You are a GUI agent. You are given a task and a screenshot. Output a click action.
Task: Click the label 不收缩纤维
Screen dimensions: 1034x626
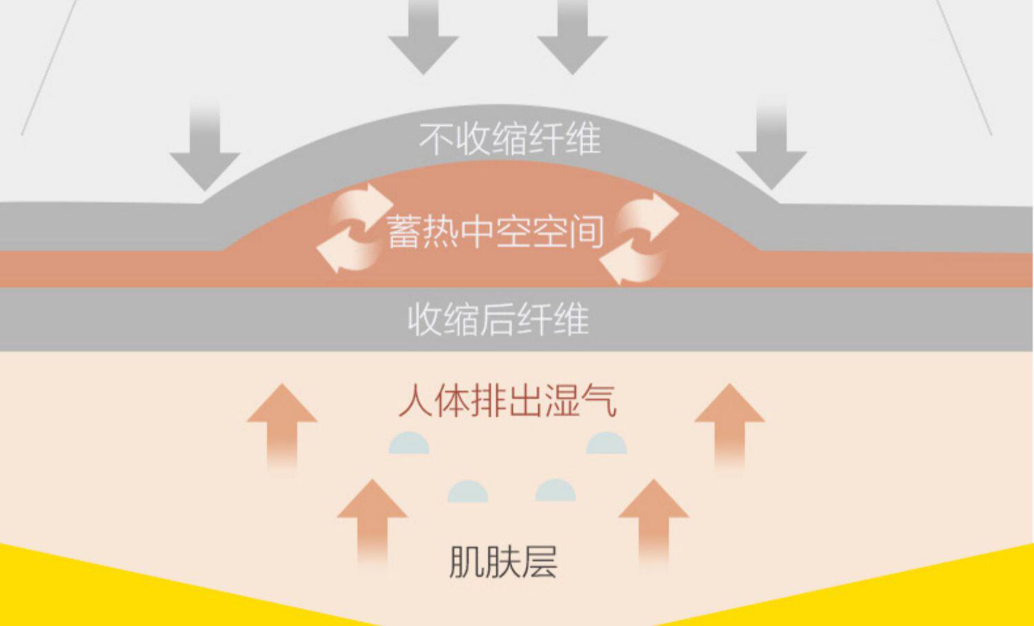point(510,139)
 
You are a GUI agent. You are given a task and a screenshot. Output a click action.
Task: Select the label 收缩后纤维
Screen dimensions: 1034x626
point(498,320)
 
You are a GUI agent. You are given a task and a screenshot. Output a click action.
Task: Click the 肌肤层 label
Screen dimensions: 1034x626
point(503,562)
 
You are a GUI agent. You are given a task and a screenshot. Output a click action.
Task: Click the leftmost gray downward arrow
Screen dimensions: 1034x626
point(205,152)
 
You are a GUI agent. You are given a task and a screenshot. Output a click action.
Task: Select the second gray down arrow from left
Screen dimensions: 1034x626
point(423,38)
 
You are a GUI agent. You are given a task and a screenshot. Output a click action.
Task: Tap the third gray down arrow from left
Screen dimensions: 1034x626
point(572,38)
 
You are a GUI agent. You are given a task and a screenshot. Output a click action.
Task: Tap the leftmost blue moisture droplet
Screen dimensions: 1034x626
point(409,444)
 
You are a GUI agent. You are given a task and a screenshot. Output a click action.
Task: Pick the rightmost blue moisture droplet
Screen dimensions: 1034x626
point(607,444)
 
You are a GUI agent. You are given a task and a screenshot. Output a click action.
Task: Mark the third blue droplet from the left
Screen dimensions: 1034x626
point(556,491)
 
